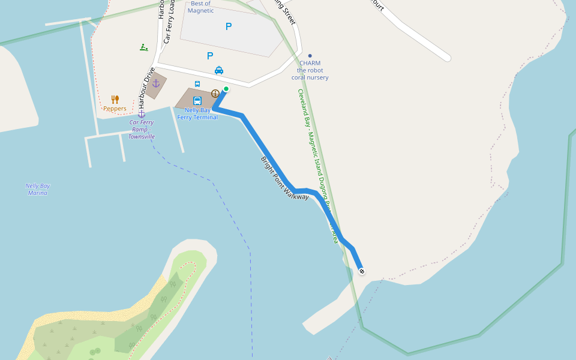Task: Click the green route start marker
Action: click(x=226, y=89)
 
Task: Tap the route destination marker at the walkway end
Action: click(x=362, y=271)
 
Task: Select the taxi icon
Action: click(x=219, y=70)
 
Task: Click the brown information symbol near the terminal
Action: click(x=215, y=93)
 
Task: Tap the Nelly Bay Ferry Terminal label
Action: click(x=197, y=113)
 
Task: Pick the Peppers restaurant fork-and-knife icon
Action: click(x=115, y=99)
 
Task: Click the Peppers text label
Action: click(x=115, y=109)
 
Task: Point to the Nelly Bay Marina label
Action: click(x=37, y=189)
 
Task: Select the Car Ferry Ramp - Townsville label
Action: click(x=142, y=129)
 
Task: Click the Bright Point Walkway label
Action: click(x=284, y=178)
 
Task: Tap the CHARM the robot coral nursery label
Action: click(x=310, y=70)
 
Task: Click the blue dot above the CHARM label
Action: click(x=310, y=56)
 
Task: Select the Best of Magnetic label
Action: click(x=200, y=7)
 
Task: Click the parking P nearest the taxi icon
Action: click(x=210, y=56)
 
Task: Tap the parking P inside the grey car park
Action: click(x=228, y=26)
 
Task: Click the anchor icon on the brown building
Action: click(x=156, y=83)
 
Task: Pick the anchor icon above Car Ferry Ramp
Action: click(x=142, y=113)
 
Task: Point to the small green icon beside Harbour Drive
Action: click(x=143, y=47)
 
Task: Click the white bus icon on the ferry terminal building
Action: click(x=197, y=101)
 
